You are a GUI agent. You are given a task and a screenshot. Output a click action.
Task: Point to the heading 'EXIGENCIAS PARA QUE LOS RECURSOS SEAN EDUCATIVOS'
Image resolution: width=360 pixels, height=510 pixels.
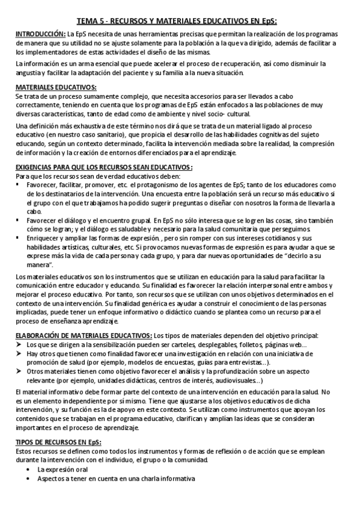(x=103, y=167)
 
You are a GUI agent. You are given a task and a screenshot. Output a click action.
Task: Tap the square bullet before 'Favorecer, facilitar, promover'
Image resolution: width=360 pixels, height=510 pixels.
(x=19, y=184)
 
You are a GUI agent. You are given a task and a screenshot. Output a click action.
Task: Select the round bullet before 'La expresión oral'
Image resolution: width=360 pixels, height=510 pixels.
(x=30, y=469)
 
